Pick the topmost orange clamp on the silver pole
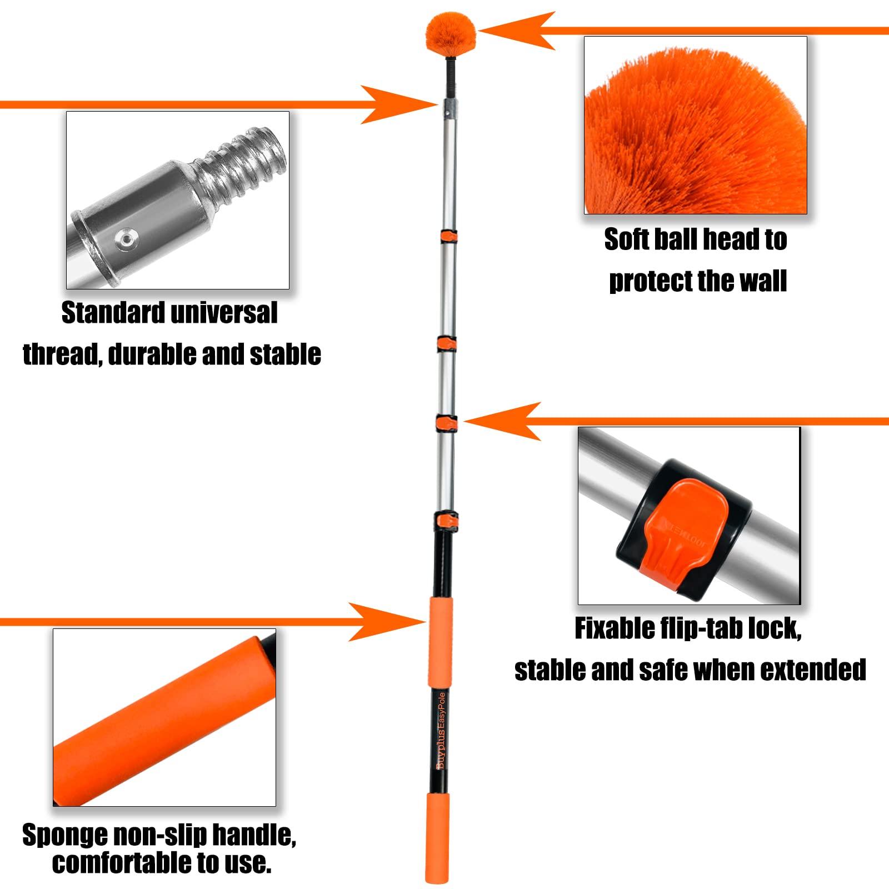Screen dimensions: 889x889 pyautogui.click(x=448, y=237)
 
